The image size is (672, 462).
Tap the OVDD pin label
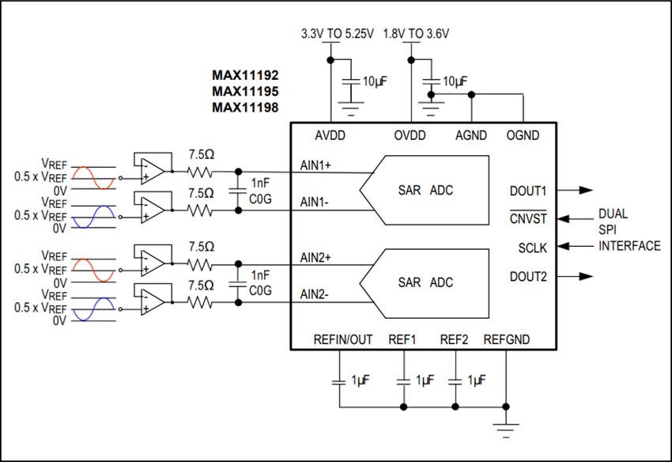tap(410, 135)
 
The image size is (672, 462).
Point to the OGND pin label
tap(523, 135)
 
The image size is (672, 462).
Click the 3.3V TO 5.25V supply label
tap(335, 34)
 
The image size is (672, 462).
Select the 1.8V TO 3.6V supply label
tap(416, 34)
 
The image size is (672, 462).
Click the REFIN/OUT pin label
tap(343, 340)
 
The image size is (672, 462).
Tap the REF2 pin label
tap(455, 340)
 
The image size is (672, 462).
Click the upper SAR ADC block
tap(425, 191)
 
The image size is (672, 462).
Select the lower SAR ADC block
tap(425, 282)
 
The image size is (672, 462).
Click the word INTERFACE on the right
tap(629, 246)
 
